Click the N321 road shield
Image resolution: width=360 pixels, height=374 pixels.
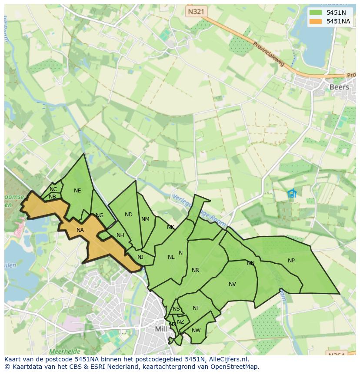tap(196, 12)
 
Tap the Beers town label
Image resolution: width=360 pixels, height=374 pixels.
tap(339, 87)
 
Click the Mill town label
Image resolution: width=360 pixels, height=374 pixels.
tap(161, 329)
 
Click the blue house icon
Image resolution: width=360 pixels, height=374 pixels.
tap(292, 193)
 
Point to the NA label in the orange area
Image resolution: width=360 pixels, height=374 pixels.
tap(80, 230)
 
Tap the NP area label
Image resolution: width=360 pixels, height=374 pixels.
tap(291, 261)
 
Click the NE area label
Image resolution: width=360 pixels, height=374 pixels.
tap(77, 191)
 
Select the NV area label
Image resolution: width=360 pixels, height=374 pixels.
tap(232, 284)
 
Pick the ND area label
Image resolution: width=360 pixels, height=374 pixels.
tap(128, 215)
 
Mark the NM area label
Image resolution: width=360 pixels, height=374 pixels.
tap(145, 219)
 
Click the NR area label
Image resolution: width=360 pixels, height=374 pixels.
tap(195, 270)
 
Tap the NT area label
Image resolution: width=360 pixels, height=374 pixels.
tap(196, 308)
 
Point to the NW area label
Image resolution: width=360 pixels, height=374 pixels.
tap(196, 331)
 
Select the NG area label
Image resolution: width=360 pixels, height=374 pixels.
tap(100, 215)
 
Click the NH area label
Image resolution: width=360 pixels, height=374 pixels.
tap(120, 235)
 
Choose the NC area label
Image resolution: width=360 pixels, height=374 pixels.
tap(53, 189)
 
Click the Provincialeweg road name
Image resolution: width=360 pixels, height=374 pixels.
tap(268, 54)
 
